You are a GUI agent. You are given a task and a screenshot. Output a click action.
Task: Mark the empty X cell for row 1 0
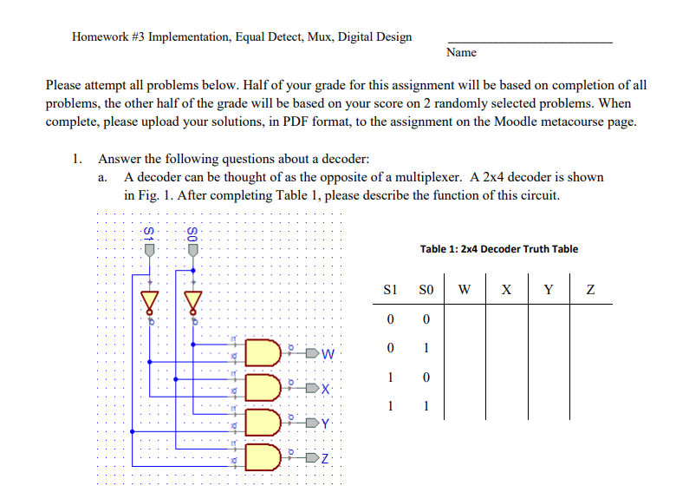click(506, 378)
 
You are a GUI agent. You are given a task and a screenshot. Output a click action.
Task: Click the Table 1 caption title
click(498, 249)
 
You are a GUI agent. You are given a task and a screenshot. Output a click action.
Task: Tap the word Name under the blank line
click(461, 53)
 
